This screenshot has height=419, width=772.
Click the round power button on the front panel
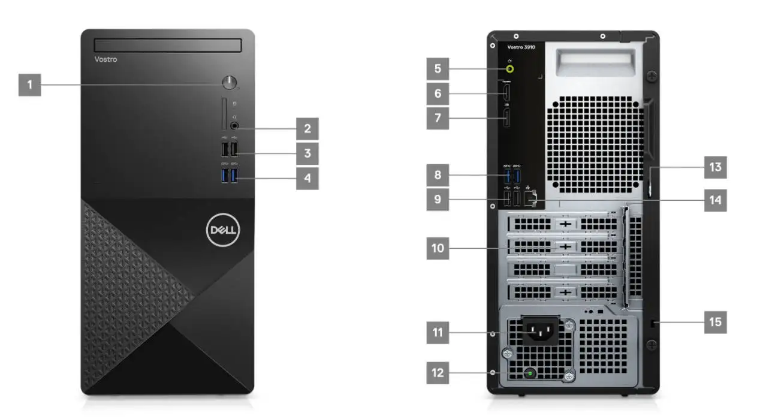click(x=230, y=83)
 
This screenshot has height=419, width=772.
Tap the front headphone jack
click(x=234, y=125)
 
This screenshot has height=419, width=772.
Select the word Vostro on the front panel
click(x=106, y=59)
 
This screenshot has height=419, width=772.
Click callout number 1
click(x=29, y=85)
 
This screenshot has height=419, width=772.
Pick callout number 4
click(x=307, y=178)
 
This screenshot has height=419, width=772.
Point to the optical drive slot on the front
click(x=168, y=46)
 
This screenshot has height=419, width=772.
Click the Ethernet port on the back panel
click(x=530, y=199)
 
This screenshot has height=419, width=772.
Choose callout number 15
click(x=715, y=322)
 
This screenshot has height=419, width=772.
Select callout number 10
click(x=438, y=248)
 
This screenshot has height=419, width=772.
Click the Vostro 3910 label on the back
click(x=521, y=46)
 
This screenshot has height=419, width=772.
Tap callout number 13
click(x=715, y=167)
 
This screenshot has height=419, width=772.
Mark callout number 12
click(x=438, y=373)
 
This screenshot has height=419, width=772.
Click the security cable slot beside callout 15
click(x=654, y=323)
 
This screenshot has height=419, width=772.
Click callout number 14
click(x=715, y=200)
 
